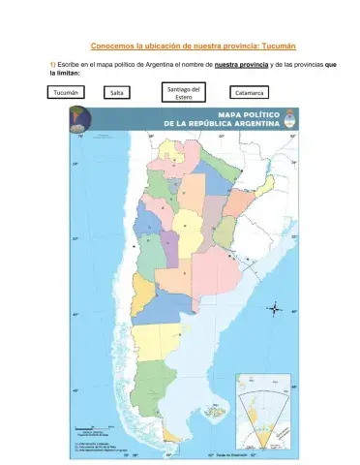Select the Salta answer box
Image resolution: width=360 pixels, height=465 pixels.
(x=116, y=93)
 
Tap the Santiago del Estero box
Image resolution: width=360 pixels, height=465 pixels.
(x=184, y=93)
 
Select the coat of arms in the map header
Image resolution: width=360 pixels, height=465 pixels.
(x=287, y=119)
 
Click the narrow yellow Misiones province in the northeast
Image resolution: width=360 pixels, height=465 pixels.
(x=262, y=184)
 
